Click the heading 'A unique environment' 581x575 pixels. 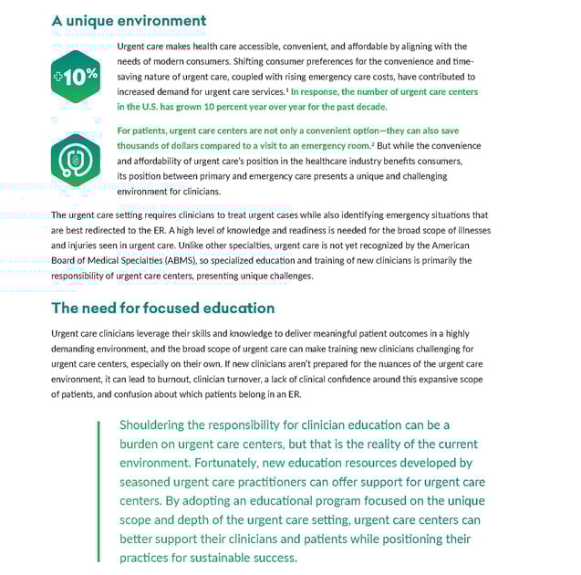click(x=129, y=20)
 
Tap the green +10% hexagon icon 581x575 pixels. click(x=76, y=77)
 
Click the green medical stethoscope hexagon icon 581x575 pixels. click(x=76, y=160)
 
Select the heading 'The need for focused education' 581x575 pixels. click(x=162, y=308)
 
